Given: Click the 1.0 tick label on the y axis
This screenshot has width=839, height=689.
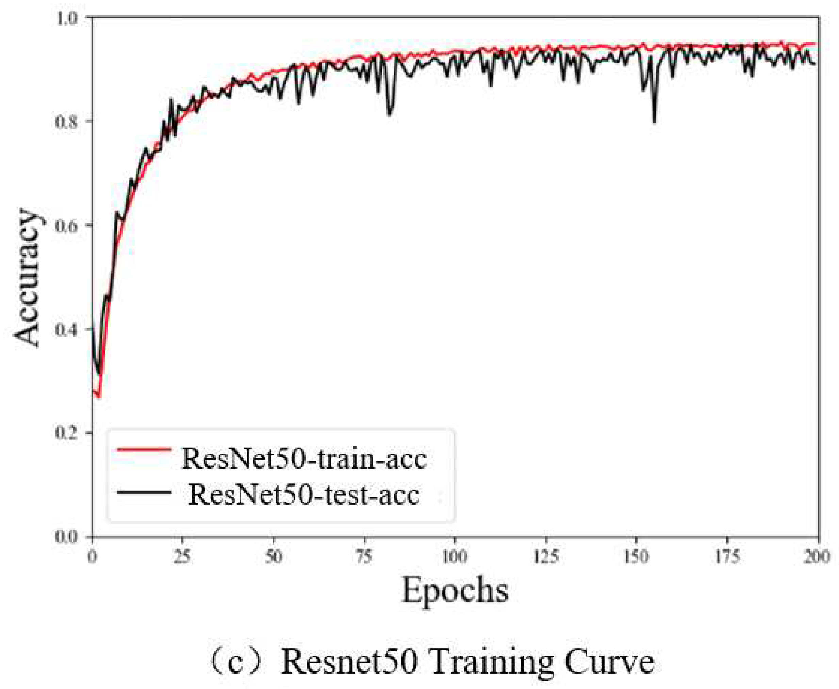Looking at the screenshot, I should pyautogui.click(x=69, y=18).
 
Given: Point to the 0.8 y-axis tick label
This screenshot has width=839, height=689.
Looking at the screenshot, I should pyautogui.click(x=69, y=122).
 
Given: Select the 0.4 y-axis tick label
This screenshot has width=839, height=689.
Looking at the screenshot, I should pyautogui.click(x=69, y=329).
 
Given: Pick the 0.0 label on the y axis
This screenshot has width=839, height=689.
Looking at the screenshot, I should pyautogui.click(x=69, y=537).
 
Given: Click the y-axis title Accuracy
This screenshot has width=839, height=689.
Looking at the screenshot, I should pyautogui.click(x=27, y=278).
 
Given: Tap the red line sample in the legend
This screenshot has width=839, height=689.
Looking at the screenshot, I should pyautogui.click(x=144, y=449).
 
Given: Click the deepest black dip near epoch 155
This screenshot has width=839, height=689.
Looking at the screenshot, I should pyautogui.click(x=654, y=121).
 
